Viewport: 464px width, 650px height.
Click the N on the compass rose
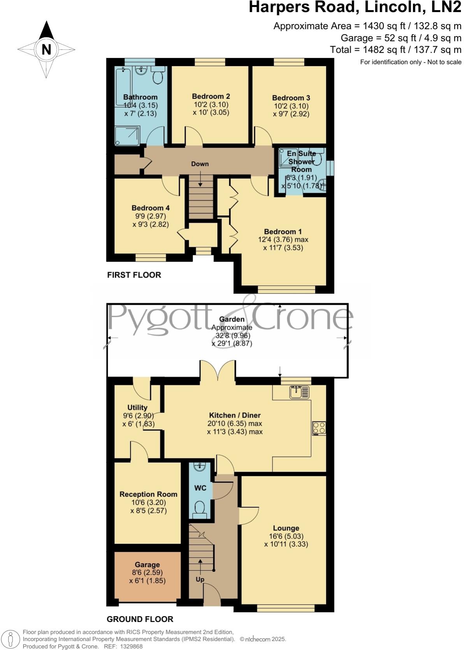(x=46, y=49)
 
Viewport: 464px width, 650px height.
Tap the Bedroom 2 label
(x=211, y=96)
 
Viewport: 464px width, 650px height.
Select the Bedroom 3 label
(x=291, y=98)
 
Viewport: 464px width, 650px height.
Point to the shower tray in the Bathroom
(x=127, y=136)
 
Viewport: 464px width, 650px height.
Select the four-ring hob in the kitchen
(x=319, y=428)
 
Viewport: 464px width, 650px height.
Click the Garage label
(x=147, y=564)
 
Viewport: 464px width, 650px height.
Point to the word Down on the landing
(x=200, y=164)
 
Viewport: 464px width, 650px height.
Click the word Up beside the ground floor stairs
(x=200, y=579)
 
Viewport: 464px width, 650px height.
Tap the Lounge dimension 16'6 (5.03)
(x=286, y=536)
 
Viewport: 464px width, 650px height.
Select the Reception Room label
(x=148, y=494)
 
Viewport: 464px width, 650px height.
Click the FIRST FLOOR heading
(x=134, y=275)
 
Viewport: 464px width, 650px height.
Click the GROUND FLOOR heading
(x=140, y=619)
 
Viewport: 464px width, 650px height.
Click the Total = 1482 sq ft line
(x=395, y=50)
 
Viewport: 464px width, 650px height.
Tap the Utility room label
(x=137, y=407)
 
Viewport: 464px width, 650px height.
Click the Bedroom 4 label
(x=150, y=208)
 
